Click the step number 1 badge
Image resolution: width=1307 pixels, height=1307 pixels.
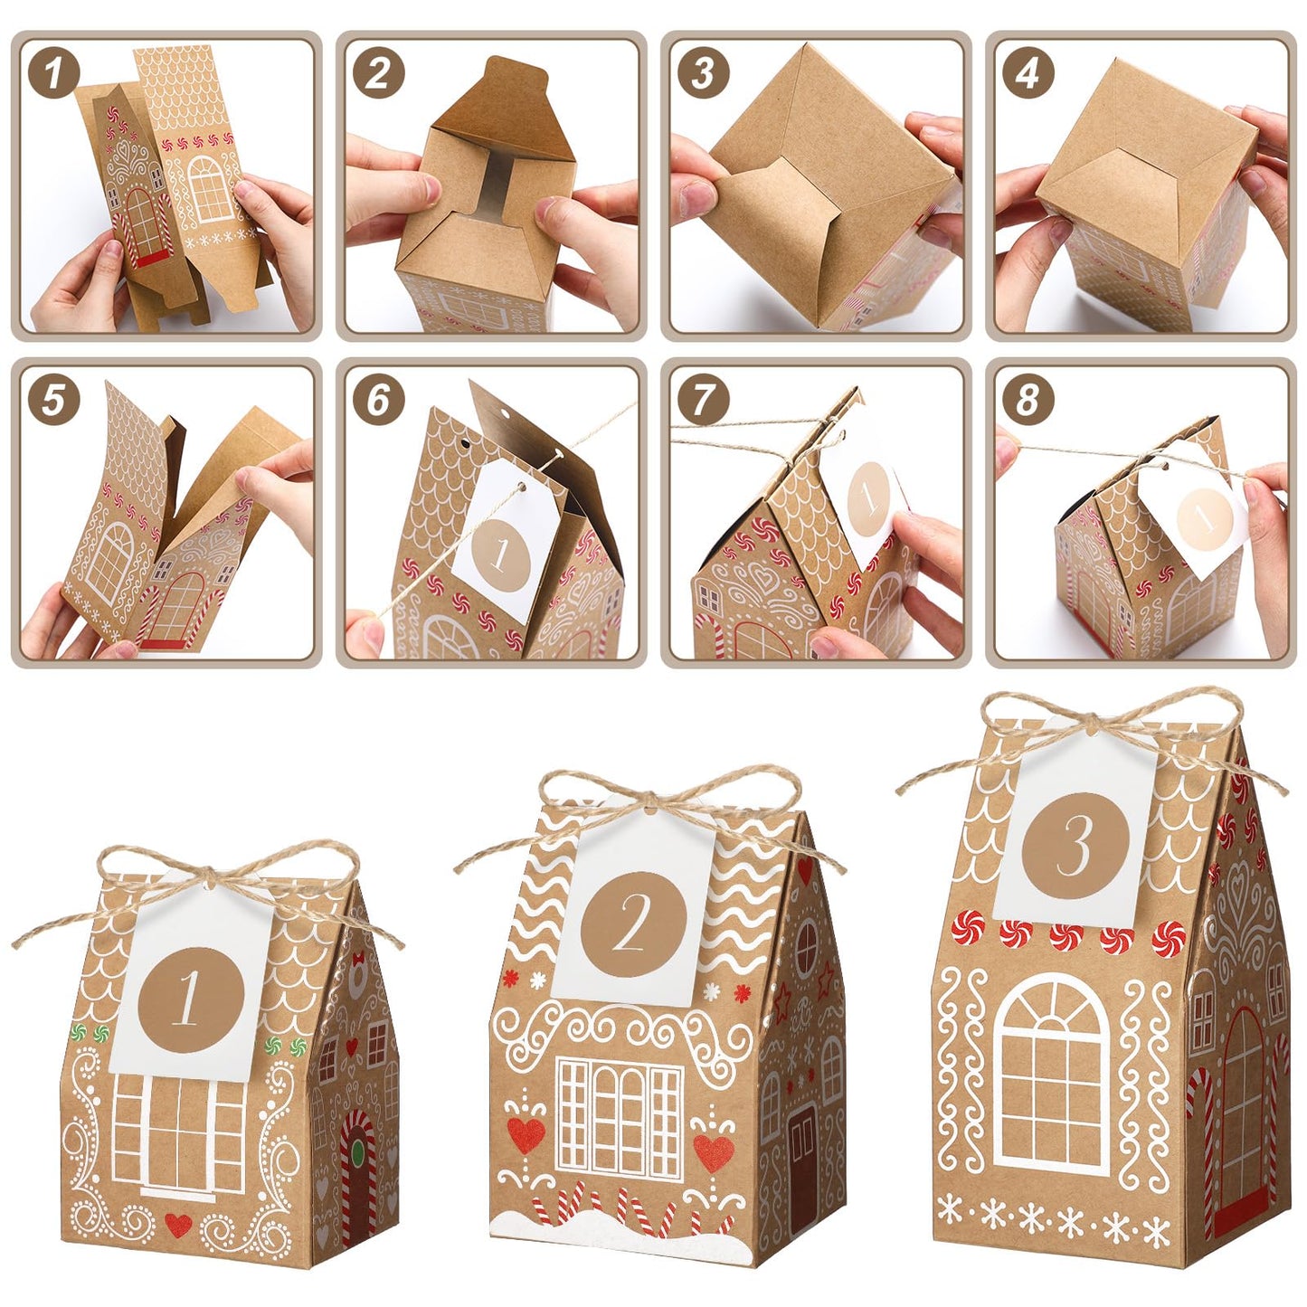coord(53,73)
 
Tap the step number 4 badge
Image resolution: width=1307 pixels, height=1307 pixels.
coord(1028,73)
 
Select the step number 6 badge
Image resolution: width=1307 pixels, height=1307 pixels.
coord(378,399)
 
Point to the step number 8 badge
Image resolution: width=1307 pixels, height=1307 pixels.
coord(1028,399)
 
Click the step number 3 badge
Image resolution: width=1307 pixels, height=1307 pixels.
coord(703,73)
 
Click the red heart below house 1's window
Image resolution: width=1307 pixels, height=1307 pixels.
coord(179,1225)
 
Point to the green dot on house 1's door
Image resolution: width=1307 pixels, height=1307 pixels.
coord(358,1152)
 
